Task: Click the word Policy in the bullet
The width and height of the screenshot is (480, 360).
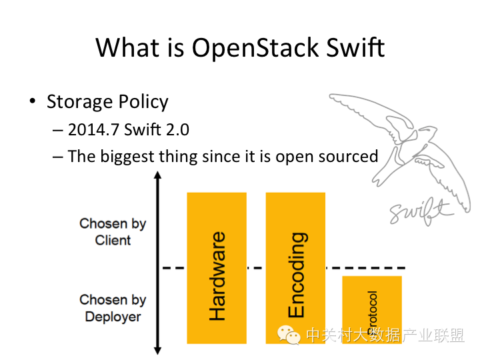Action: pyautogui.click(x=143, y=102)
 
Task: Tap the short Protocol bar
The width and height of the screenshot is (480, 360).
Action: pyautogui.click(x=372, y=309)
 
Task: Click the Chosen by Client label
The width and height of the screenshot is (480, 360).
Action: pyautogui.click(x=113, y=231)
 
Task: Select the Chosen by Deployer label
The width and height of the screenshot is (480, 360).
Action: pyautogui.click(x=113, y=308)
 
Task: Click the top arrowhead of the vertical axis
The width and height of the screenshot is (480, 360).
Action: pyautogui.click(x=157, y=177)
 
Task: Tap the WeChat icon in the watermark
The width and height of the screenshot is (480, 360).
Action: pyautogui.click(x=289, y=334)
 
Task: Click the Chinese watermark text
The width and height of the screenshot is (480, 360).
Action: pyautogui.click(x=385, y=335)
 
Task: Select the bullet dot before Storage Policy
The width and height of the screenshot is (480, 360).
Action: pyautogui.click(x=32, y=102)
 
